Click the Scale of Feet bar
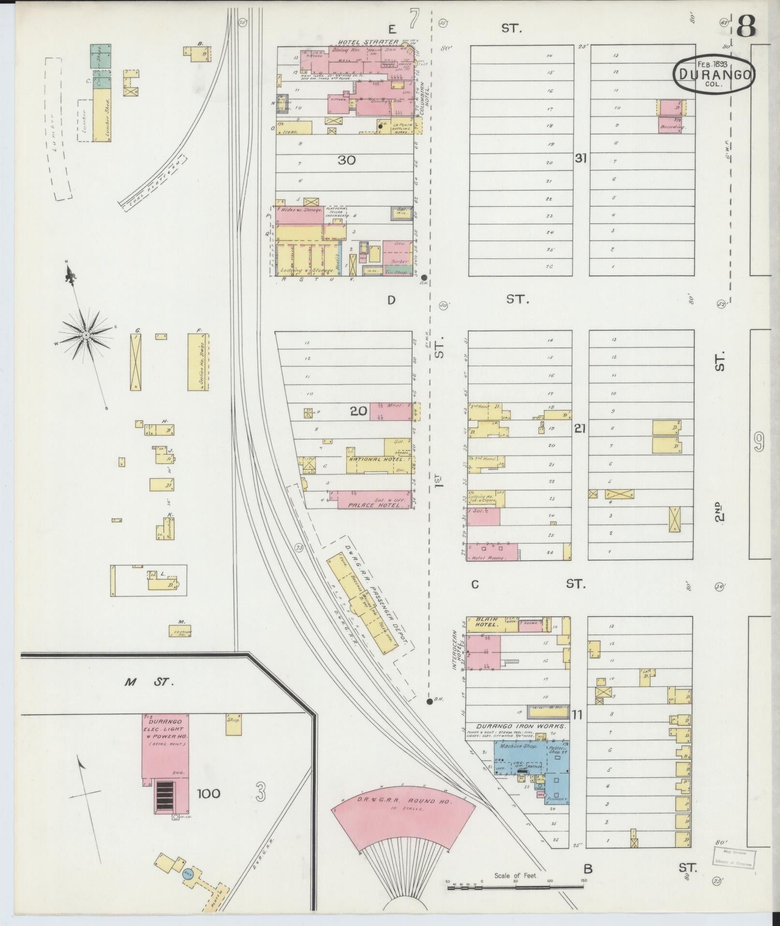click(x=515, y=887)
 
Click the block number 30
click(x=347, y=160)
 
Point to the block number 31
click(x=580, y=158)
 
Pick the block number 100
click(x=208, y=793)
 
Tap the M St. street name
click(x=148, y=682)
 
